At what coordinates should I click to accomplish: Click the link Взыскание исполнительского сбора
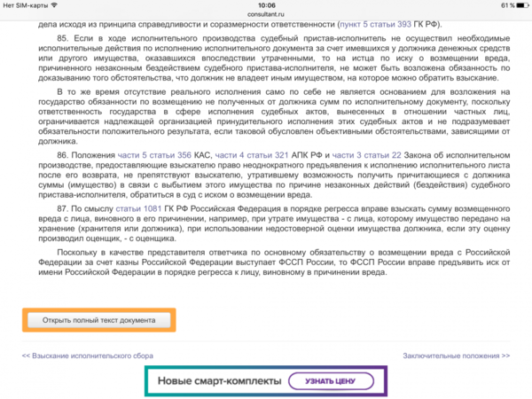coord(81,355)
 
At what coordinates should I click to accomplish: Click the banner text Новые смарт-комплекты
coord(219,381)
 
